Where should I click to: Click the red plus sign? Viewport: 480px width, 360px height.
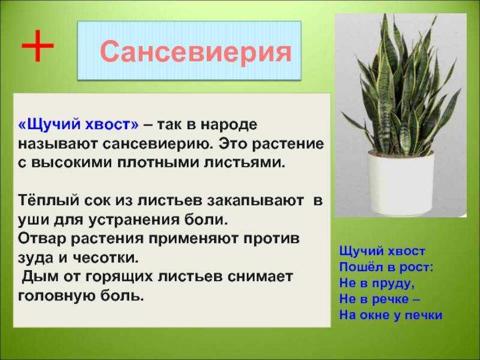pyautogui.click(x=38, y=46)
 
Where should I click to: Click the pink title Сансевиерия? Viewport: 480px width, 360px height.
pyautogui.click(x=196, y=52)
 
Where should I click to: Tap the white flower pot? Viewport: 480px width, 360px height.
pyautogui.click(x=400, y=182)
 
